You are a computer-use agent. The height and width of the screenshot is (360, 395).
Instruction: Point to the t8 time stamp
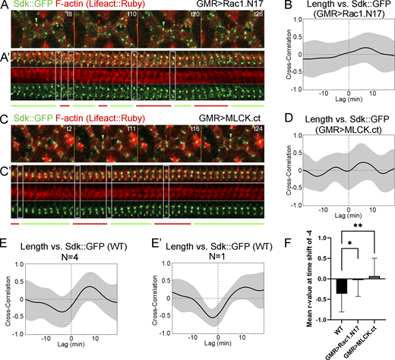click(68, 15)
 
